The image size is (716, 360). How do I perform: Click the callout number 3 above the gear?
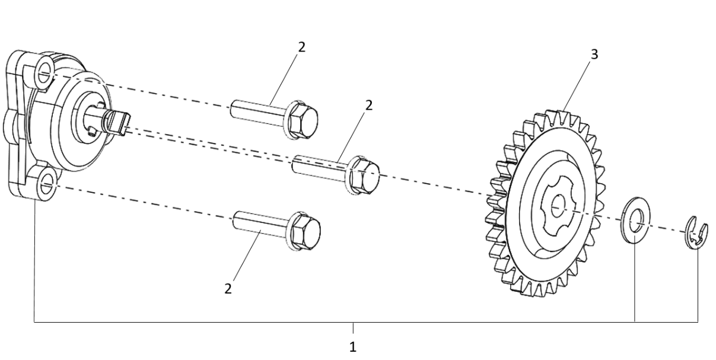pyautogui.click(x=594, y=55)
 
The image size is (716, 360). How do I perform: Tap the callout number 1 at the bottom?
pyautogui.click(x=352, y=347)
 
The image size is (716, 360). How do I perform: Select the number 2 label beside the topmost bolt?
pyautogui.click(x=302, y=47)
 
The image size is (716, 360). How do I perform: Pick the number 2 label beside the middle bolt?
pyautogui.click(x=369, y=105)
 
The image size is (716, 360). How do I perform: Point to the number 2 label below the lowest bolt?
pyautogui.click(x=228, y=289)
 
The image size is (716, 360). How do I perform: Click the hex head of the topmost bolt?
pyautogui.click(x=303, y=120)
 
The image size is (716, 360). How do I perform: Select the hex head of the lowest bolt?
pyautogui.click(x=306, y=231)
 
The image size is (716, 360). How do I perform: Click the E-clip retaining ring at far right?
pyautogui.click(x=697, y=232)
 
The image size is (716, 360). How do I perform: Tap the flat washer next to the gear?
pyautogui.click(x=635, y=220)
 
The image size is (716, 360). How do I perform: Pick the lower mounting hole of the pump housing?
pyautogui.click(x=47, y=186)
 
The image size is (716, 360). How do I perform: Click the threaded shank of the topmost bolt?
pyautogui.click(x=257, y=112)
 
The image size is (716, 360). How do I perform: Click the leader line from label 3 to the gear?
pyautogui.click(x=576, y=86)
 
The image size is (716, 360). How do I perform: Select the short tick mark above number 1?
pyautogui.click(x=353, y=329)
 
